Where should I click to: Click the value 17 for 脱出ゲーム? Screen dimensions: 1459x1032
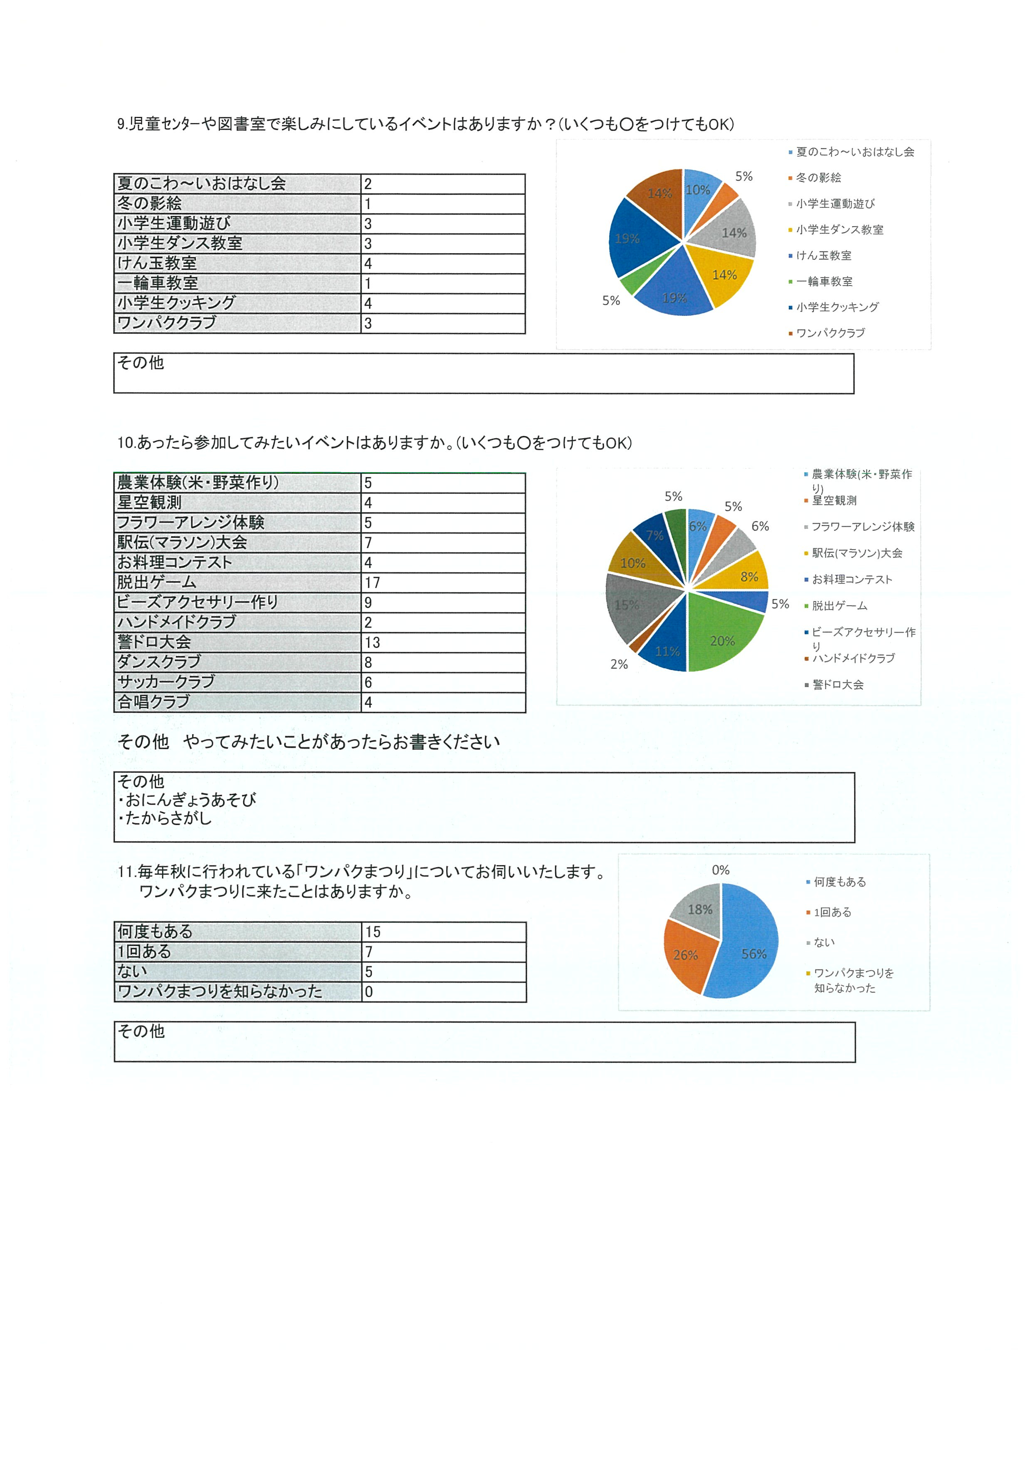(x=373, y=583)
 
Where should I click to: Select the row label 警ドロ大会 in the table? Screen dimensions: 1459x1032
(x=154, y=643)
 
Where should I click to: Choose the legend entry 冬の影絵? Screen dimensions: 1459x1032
(x=818, y=178)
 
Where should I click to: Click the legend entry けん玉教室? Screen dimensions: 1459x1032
(x=824, y=256)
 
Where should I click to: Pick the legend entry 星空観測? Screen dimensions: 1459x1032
(x=834, y=501)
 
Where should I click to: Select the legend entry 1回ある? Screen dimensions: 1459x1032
(x=832, y=912)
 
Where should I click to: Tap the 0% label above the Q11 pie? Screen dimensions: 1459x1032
(x=721, y=870)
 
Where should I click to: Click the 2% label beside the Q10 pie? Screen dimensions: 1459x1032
(x=619, y=664)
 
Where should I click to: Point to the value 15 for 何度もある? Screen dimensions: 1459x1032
(x=373, y=932)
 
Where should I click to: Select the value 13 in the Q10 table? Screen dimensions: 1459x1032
(x=373, y=643)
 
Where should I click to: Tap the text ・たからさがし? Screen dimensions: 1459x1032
(x=165, y=818)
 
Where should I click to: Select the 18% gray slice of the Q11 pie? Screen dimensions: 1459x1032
(x=699, y=910)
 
